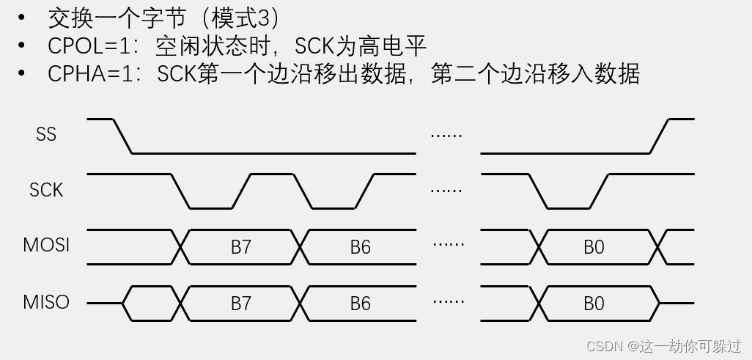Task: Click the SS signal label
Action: tap(46, 135)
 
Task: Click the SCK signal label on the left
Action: tap(46, 191)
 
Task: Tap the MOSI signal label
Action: tap(46, 246)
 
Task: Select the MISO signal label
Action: tap(46, 302)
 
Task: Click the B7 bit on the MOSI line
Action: tap(241, 247)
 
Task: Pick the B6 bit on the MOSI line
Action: tap(360, 247)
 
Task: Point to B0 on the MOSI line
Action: tap(594, 247)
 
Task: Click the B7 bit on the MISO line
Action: tap(241, 303)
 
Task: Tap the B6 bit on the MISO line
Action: tap(360, 303)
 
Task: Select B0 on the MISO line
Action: tap(594, 303)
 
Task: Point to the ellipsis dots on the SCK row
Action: tap(446, 191)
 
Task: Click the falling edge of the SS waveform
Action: tap(122, 136)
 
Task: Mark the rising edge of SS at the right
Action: tap(659, 136)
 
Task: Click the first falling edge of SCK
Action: tap(180, 191)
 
